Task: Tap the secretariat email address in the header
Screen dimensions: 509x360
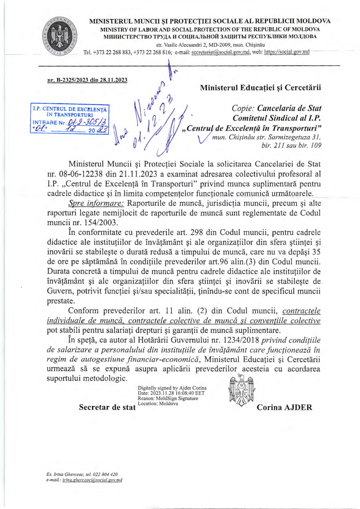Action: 221,52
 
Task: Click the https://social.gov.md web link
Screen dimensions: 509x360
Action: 287,52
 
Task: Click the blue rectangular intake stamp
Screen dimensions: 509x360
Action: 70,119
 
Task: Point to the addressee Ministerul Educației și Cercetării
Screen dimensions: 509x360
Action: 260,87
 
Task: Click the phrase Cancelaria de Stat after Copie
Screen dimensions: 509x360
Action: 289,108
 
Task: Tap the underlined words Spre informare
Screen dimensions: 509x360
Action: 96,203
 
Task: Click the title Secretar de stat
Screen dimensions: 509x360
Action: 107,407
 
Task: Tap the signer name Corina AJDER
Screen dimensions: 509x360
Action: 284,407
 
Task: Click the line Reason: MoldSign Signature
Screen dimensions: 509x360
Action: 168,398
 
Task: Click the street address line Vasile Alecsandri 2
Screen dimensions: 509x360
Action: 210,45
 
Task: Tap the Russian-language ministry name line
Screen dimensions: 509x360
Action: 210,37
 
